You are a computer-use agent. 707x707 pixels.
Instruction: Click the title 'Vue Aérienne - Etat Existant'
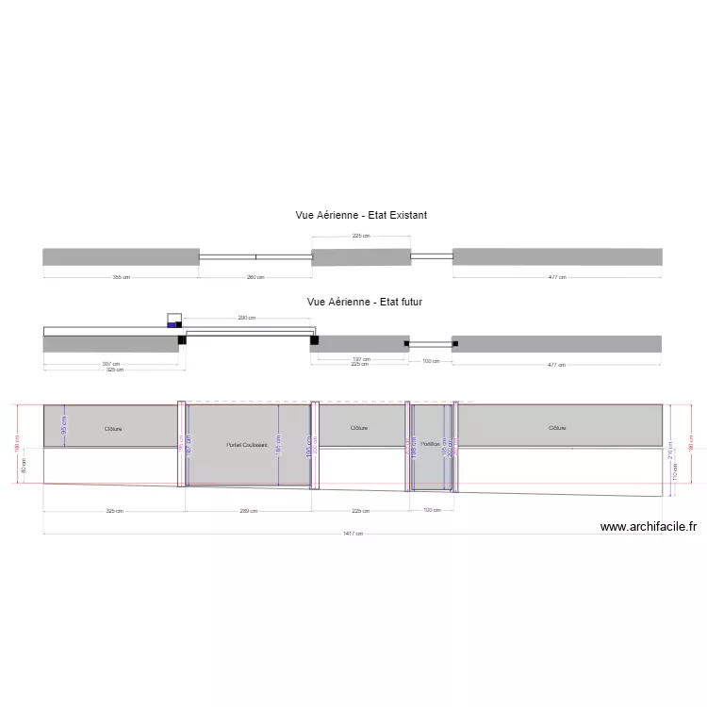pyautogui.click(x=361, y=215)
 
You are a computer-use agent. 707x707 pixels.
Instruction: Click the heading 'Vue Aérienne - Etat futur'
pyautogui.click(x=364, y=302)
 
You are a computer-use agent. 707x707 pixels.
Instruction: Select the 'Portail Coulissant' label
pyautogui.click(x=247, y=445)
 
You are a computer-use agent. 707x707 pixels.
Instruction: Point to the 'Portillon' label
pyautogui.click(x=431, y=444)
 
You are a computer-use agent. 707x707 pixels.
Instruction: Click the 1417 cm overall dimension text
pyautogui.click(x=353, y=534)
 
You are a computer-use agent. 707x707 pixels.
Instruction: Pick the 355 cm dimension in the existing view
pyautogui.click(x=121, y=277)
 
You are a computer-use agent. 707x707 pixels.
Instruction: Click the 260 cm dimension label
pyautogui.click(x=255, y=277)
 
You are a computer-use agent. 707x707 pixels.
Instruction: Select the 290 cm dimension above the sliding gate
pyautogui.click(x=247, y=319)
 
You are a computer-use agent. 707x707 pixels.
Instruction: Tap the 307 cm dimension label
pyautogui.click(x=111, y=363)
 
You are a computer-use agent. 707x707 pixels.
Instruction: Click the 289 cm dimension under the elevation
pyautogui.click(x=248, y=512)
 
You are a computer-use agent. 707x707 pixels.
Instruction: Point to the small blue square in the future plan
pyautogui.click(x=173, y=325)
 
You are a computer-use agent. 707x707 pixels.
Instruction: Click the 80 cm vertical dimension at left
pyautogui.click(x=24, y=465)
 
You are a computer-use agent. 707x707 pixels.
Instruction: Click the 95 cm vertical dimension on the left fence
pyautogui.click(x=64, y=425)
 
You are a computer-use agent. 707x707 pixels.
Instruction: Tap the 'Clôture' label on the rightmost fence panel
pyautogui.click(x=558, y=428)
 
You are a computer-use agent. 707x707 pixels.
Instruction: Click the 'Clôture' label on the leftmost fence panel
pyautogui.click(x=113, y=429)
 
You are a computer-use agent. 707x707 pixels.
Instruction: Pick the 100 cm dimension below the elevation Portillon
pyautogui.click(x=431, y=510)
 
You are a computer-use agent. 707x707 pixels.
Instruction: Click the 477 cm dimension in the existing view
pyautogui.click(x=557, y=277)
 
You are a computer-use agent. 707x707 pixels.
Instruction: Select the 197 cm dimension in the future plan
pyautogui.click(x=360, y=359)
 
